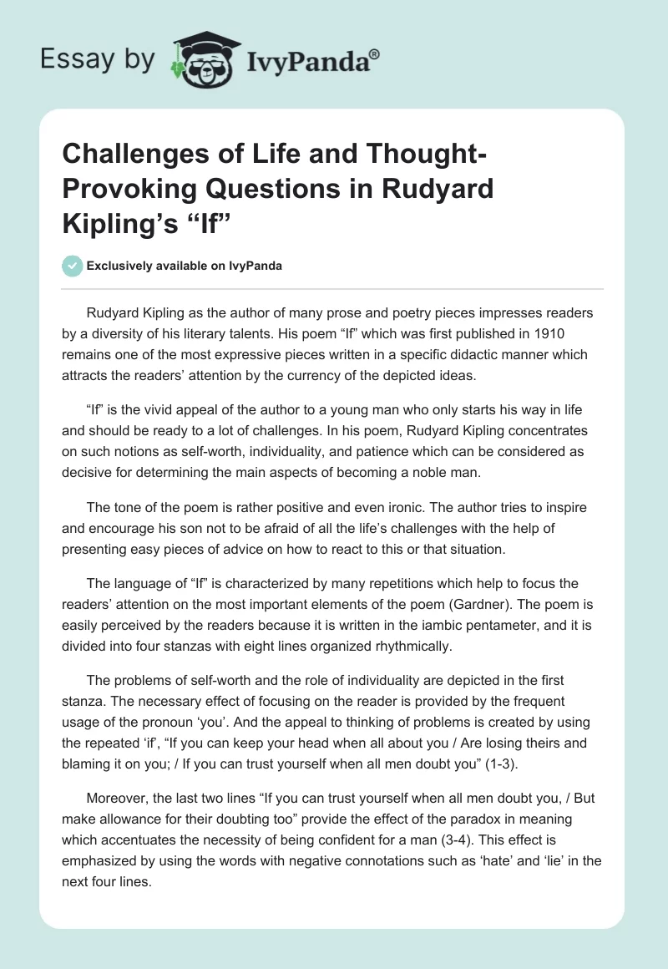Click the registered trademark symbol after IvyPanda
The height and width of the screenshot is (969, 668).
pos(374,53)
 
